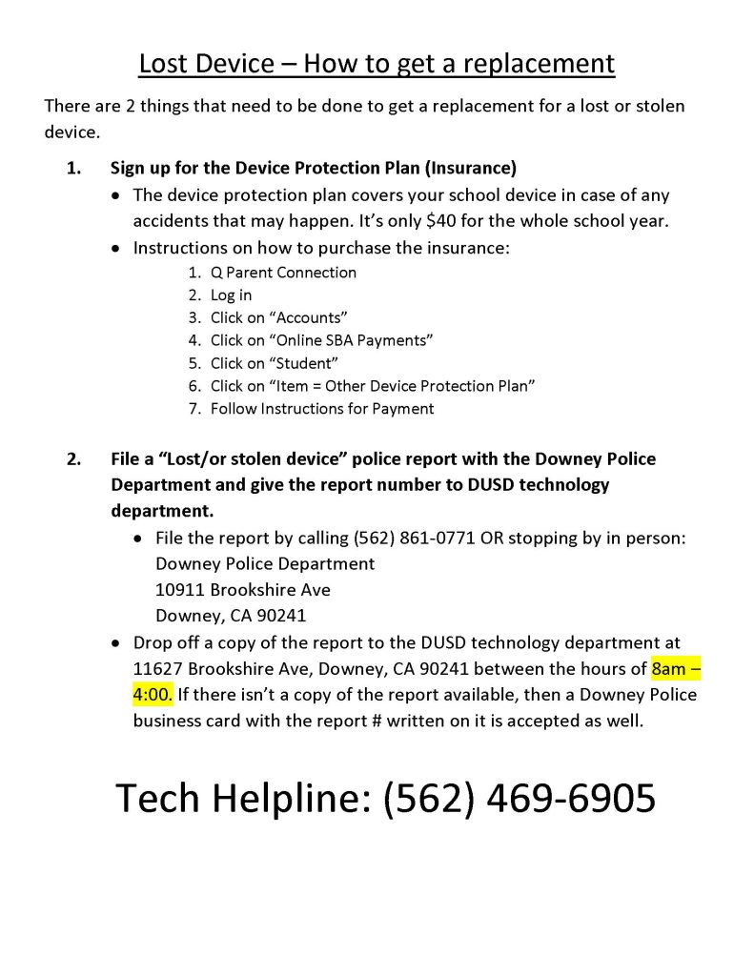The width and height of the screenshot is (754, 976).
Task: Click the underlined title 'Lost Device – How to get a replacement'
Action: click(377, 64)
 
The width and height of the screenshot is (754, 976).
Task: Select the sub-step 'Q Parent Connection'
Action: click(283, 272)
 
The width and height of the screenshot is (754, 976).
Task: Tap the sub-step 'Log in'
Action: click(232, 295)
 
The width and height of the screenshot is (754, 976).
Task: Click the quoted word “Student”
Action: click(305, 363)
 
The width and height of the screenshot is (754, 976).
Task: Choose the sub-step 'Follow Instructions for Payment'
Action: click(321, 409)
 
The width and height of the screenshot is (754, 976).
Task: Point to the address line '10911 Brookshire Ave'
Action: click(242, 589)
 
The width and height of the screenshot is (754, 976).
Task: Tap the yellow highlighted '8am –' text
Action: click(675, 667)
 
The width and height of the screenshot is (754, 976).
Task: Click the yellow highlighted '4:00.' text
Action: click(153, 694)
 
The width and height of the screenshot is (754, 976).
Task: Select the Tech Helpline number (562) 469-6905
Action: click(520, 797)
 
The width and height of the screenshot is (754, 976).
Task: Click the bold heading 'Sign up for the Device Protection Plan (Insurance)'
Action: click(313, 169)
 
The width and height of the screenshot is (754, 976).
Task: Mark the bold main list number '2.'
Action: click(74, 458)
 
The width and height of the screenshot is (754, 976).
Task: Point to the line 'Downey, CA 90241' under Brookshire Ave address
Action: click(230, 615)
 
